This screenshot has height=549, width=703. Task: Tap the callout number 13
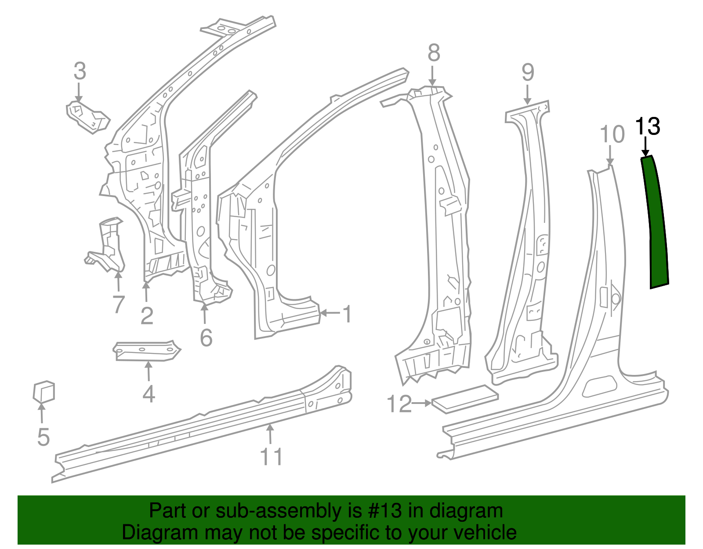(x=648, y=127)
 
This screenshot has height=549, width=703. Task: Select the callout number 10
(x=612, y=134)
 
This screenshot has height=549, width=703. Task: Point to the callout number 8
(x=434, y=53)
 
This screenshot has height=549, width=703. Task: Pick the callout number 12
(x=399, y=404)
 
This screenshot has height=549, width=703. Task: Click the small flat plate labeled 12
(x=465, y=399)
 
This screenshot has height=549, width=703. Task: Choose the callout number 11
(x=271, y=456)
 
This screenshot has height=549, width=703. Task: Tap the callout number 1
(x=347, y=314)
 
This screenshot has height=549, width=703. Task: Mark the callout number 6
(x=206, y=338)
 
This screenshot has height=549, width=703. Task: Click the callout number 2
(x=147, y=316)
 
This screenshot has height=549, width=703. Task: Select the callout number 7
(x=119, y=304)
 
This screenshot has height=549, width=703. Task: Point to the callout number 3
(x=80, y=71)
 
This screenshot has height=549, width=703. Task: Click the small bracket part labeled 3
(x=87, y=116)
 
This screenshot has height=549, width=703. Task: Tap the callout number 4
(x=149, y=394)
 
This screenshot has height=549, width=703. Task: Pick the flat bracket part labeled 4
(x=146, y=351)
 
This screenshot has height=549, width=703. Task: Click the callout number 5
(x=43, y=437)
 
